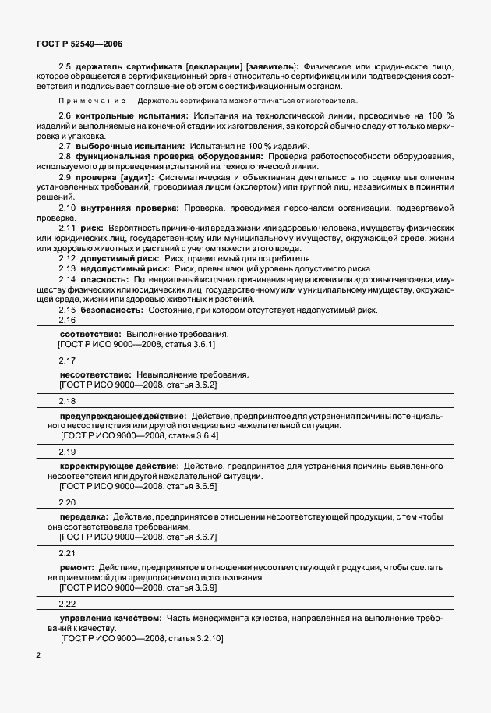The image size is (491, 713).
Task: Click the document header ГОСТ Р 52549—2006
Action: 79,46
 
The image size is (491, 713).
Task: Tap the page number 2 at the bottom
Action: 38,655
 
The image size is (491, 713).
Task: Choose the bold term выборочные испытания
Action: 130,146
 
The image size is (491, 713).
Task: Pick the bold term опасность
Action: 104,278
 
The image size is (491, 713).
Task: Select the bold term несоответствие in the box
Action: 93,374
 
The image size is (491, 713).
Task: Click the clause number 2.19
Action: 67,452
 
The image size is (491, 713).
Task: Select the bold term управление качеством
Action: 111,617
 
